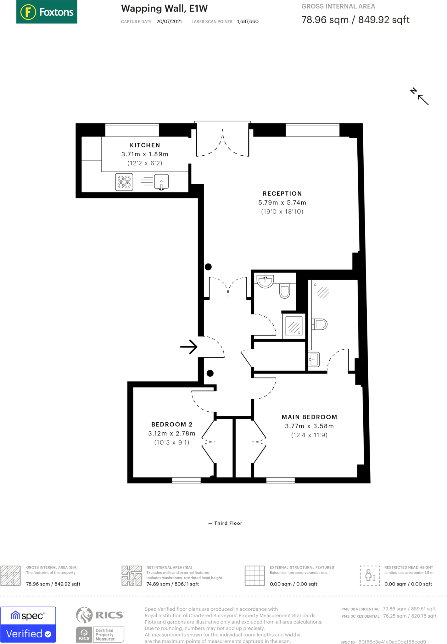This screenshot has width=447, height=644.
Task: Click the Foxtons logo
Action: pos(47,12)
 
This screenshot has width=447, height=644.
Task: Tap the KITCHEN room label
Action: pos(145,145)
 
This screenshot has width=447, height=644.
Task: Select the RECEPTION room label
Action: pos(282,194)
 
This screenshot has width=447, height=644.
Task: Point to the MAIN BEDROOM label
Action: pos(309,417)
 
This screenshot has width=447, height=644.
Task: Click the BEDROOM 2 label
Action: pos(172,425)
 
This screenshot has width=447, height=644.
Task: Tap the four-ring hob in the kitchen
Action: pos(124,182)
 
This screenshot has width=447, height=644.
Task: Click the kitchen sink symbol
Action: pos(161,182)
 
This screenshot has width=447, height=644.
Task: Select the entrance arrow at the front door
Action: pos(189,347)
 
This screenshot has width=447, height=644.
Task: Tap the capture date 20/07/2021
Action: pos(169,21)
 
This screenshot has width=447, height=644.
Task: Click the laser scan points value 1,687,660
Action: pos(248,21)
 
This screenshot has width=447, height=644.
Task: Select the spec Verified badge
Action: pos(28,625)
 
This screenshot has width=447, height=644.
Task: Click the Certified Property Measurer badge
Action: pos(100,635)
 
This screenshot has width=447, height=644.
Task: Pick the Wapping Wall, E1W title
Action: pos(165,8)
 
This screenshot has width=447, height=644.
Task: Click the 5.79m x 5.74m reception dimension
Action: pos(282,203)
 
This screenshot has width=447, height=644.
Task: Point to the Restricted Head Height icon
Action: pos(370,575)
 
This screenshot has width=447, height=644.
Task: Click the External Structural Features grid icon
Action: pos(255,575)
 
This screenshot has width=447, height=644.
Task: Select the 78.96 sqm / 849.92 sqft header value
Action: pos(355,20)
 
